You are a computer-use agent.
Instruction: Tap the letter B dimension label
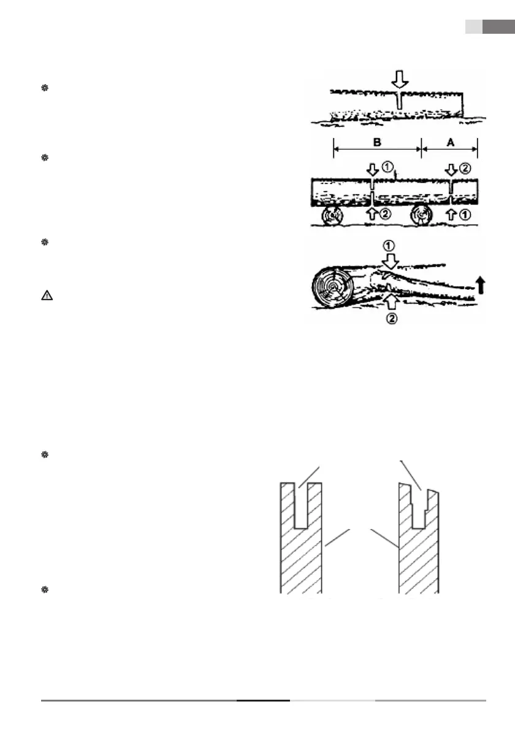tap(377, 142)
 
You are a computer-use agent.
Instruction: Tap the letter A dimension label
tap(449, 142)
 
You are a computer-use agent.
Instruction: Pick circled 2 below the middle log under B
tap(387, 214)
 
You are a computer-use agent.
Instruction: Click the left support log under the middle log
tap(334, 216)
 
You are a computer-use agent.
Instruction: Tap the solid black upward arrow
tap(479, 283)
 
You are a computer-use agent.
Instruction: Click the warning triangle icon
tap(46, 295)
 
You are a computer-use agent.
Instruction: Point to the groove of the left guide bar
tap(300, 506)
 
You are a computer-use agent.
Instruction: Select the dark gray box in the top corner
tap(498, 27)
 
